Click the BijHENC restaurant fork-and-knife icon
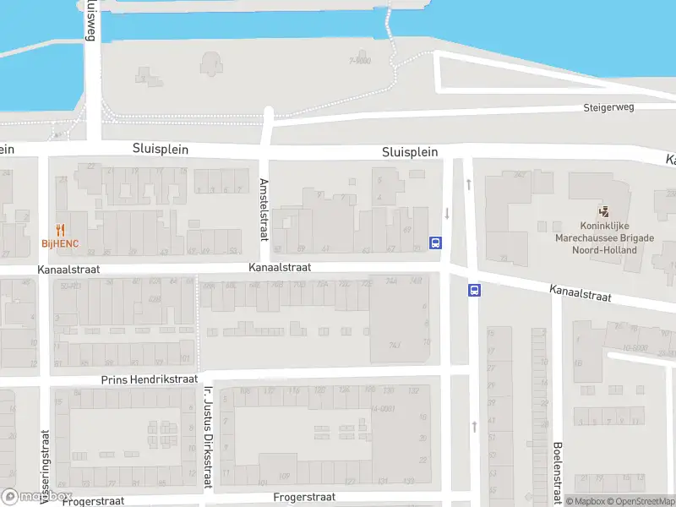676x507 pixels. click(60, 230)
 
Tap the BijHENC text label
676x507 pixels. click(60, 243)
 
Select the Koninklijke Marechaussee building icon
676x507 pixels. click(603, 212)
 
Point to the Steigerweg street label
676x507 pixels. click(608, 108)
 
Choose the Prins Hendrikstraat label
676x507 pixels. click(148, 380)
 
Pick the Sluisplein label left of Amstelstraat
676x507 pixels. click(160, 149)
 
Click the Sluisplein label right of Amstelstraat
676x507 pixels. click(410, 152)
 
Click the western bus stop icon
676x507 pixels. click(436, 243)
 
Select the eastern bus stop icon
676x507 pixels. click(474, 291)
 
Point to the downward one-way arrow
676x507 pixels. click(448, 214)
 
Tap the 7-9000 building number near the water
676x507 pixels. click(360, 61)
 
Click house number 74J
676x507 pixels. click(394, 346)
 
